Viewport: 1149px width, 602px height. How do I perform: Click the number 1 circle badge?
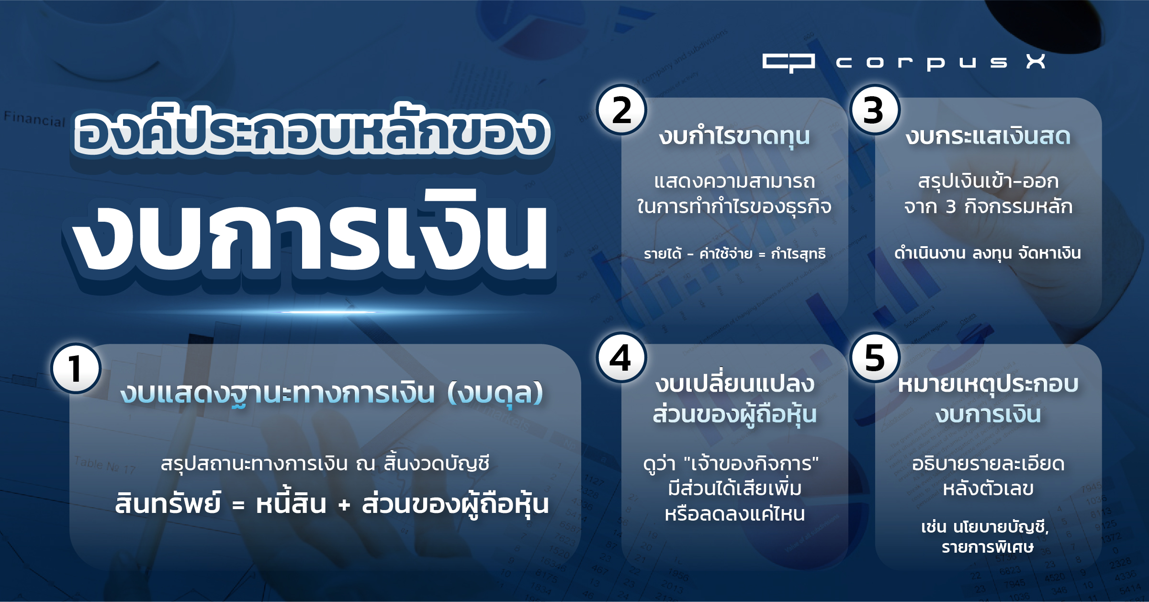pos(76,368)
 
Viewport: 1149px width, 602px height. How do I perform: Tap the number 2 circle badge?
pos(621,110)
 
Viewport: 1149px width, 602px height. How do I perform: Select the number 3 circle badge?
pos(875,110)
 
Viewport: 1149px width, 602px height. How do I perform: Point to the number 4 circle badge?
pos(621,357)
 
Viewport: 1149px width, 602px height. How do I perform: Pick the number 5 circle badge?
pos(875,357)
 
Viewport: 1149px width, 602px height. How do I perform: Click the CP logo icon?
pos(789,63)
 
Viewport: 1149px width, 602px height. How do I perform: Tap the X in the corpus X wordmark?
pos(1036,61)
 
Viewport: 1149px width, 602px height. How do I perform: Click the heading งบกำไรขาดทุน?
pos(734,136)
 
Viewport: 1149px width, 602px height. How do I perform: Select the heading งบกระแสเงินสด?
pos(988,136)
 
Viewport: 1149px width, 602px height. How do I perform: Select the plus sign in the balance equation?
pos(344,505)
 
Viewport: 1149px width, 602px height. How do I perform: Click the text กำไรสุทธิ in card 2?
pos(798,253)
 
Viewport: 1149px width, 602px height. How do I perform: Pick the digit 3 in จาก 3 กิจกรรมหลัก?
pos(951,207)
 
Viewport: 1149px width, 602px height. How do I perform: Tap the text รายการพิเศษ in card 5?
pos(987,547)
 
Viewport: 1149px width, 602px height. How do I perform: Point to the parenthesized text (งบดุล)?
pos(495,393)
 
